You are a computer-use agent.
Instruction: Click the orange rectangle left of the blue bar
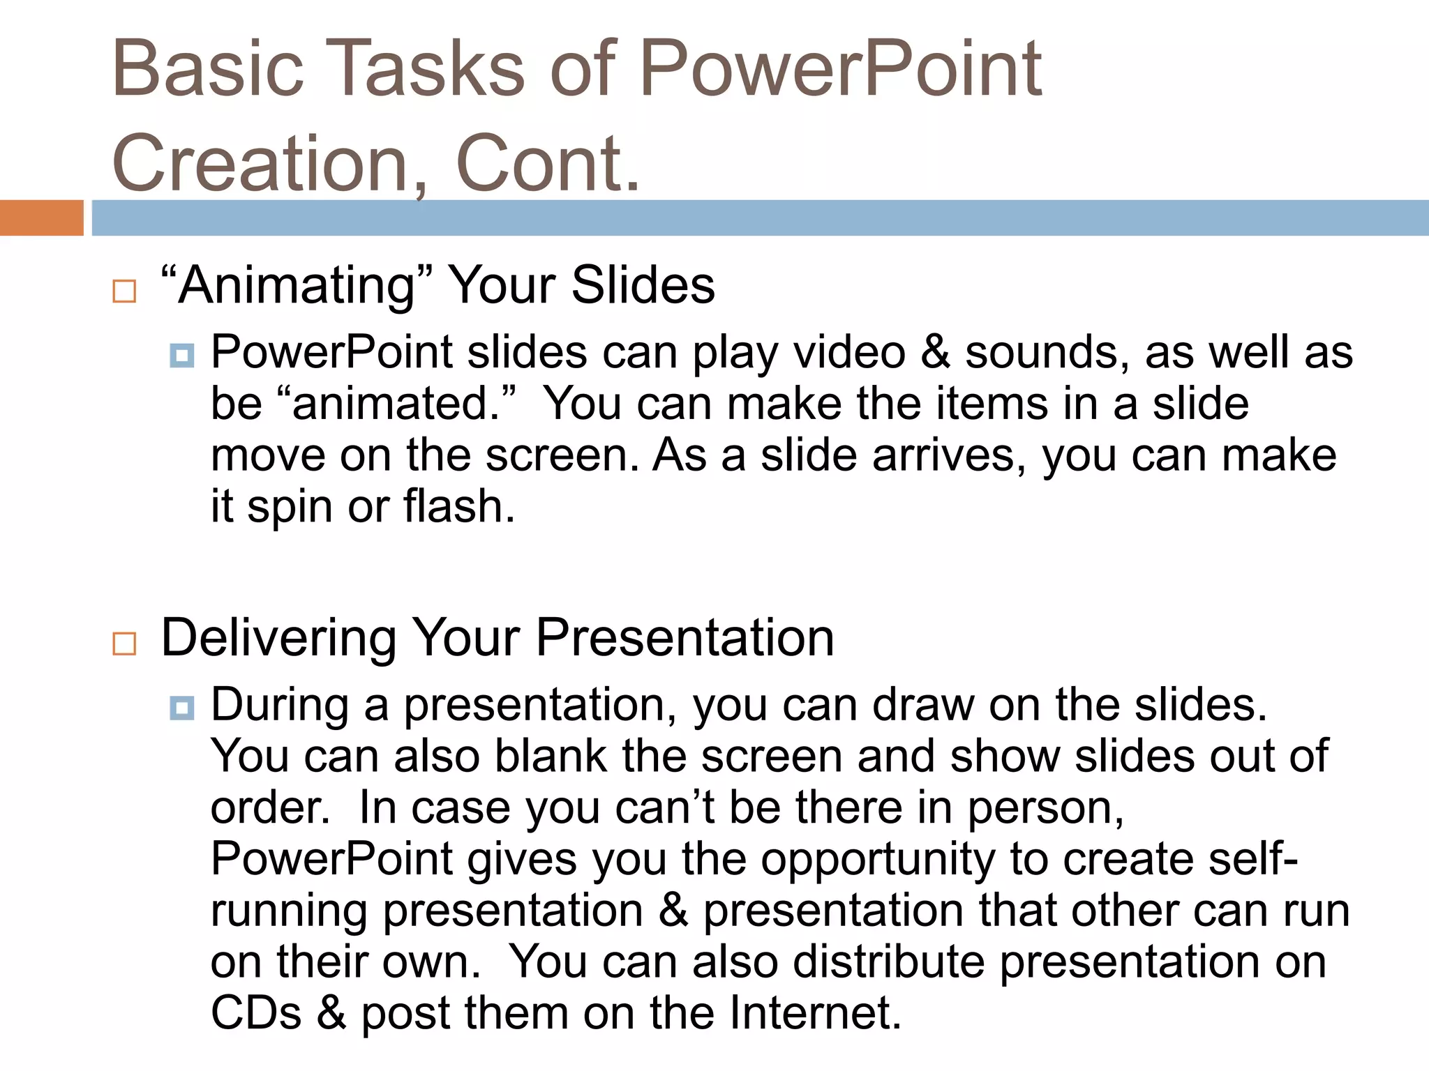point(42,218)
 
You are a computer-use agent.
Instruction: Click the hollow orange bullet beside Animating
point(124,291)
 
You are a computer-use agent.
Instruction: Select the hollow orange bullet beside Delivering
point(124,643)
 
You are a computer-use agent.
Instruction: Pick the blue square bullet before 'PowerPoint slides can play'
point(182,356)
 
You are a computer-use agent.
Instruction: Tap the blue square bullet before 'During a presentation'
point(182,709)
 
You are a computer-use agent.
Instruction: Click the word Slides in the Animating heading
point(643,286)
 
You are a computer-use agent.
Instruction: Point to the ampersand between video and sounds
point(935,352)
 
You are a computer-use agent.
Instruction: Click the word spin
point(290,508)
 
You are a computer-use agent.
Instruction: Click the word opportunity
point(878,860)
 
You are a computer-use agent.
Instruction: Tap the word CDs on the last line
point(256,1013)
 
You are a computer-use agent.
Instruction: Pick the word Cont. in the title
point(548,165)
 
